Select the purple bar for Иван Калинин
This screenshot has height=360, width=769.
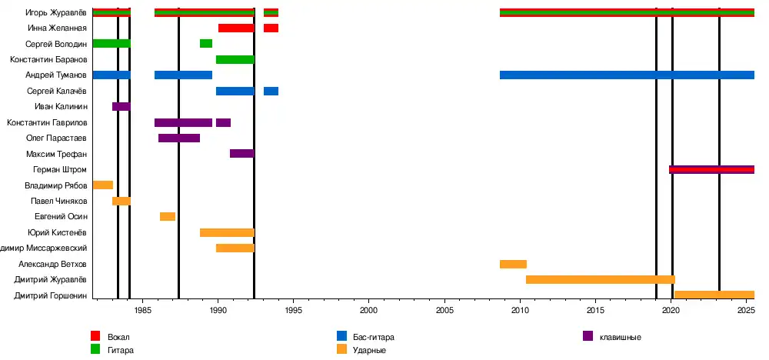click(x=122, y=106)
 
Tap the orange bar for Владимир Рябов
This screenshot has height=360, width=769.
click(x=102, y=185)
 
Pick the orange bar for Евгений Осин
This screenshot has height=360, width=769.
click(x=168, y=217)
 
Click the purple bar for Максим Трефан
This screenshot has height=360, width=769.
click(x=241, y=154)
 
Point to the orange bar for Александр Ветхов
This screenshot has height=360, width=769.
click(x=513, y=265)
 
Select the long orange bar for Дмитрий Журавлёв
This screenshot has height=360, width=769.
click(x=600, y=280)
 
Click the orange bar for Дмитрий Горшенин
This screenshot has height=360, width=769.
click(x=714, y=295)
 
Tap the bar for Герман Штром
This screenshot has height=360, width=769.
click(x=711, y=170)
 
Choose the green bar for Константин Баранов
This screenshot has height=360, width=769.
click(x=235, y=60)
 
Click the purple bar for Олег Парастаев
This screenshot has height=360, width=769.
click(x=179, y=138)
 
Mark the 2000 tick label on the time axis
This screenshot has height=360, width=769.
click(x=369, y=311)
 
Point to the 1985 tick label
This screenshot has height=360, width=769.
click(x=142, y=311)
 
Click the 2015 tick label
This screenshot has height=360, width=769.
click(x=595, y=311)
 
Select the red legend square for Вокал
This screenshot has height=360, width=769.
click(x=95, y=336)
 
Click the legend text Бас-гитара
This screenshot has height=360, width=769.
click(x=374, y=338)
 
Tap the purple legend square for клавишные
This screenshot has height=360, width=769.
click(x=588, y=336)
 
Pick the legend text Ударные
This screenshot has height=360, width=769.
click(x=370, y=351)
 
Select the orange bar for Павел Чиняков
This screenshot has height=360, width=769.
click(x=122, y=202)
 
